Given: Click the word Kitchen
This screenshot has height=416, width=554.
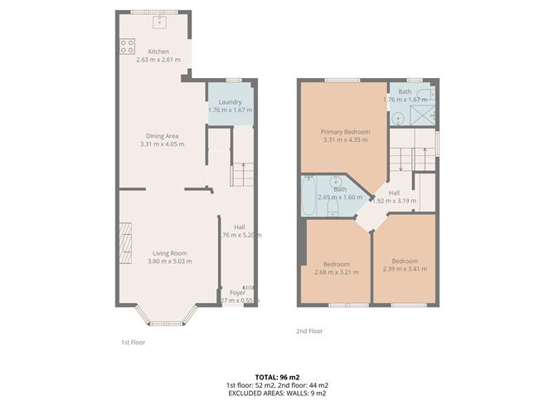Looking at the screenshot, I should pyautogui.click(x=158, y=51).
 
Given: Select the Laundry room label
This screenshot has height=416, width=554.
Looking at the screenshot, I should pyautogui.click(x=230, y=102).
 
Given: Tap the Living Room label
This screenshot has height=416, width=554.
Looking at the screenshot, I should pyautogui.click(x=168, y=253).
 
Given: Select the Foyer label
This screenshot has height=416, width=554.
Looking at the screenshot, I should pyautogui.click(x=237, y=292).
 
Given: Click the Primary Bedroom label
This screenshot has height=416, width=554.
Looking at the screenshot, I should pyautogui.click(x=345, y=132).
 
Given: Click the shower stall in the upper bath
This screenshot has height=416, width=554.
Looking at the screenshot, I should pyautogui.click(x=425, y=115).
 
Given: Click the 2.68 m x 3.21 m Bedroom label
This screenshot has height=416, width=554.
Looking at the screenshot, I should pyautogui.click(x=336, y=263).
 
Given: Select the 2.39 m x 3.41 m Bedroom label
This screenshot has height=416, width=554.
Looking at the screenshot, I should pyautogui.click(x=405, y=260).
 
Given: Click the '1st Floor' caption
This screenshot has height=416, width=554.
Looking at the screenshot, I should pyautogui.click(x=133, y=341).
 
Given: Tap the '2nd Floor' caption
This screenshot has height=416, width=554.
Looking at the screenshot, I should pyautogui.click(x=309, y=331).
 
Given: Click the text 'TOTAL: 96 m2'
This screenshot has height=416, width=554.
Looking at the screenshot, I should pyautogui.click(x=276, y=377).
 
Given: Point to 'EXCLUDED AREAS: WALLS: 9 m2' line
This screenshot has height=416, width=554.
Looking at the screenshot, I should pyautogui.click(x=276, y=394).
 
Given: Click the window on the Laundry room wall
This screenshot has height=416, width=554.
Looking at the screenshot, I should pyautogui.click(x=234, y=80).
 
